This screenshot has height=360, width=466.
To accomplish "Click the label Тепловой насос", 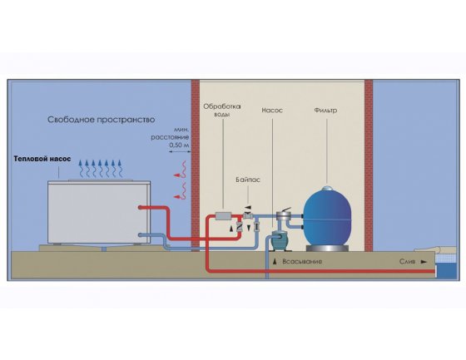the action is (42, 159).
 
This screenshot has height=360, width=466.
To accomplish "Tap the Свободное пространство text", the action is (102, 120).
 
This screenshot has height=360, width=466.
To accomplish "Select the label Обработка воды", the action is (222, 111).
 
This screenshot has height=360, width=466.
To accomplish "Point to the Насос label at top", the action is (272, 111).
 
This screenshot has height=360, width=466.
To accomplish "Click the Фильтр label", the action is (325, 111).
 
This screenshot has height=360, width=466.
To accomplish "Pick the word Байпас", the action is (248, 180).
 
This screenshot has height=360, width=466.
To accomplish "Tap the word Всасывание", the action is (302, 262).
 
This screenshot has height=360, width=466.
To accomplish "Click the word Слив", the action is (407, 262).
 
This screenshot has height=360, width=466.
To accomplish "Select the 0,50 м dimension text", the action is (179, 145).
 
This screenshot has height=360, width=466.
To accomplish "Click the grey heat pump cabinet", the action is (99, 212).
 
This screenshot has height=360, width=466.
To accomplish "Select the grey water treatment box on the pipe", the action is (223, 216).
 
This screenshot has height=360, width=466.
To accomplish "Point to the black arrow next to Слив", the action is (424, 262).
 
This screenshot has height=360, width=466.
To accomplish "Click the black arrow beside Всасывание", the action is (275, 261).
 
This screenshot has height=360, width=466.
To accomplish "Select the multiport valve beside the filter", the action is (283, 215).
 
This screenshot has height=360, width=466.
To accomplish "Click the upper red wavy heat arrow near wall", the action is (181, 170).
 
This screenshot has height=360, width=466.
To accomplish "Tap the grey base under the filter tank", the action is (327, 249).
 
